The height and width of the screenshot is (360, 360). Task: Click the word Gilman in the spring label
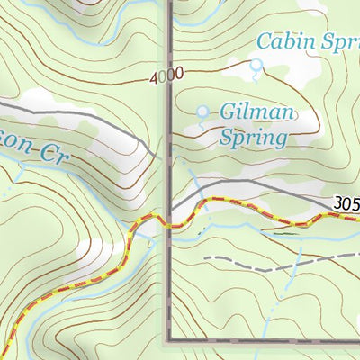tap(257, 112)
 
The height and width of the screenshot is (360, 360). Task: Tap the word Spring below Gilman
tap(253, 138)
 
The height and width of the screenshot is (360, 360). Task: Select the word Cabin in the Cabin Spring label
tap(284, 40)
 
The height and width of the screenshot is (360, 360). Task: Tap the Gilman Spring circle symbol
tap(202, 111)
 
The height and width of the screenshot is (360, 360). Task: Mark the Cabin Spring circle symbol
tap(256, 65)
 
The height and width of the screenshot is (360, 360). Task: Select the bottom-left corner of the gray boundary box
tap(168, 343)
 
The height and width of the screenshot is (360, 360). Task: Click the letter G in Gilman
tap(229, 112)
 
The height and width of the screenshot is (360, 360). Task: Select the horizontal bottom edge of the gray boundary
tap(261, 343)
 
